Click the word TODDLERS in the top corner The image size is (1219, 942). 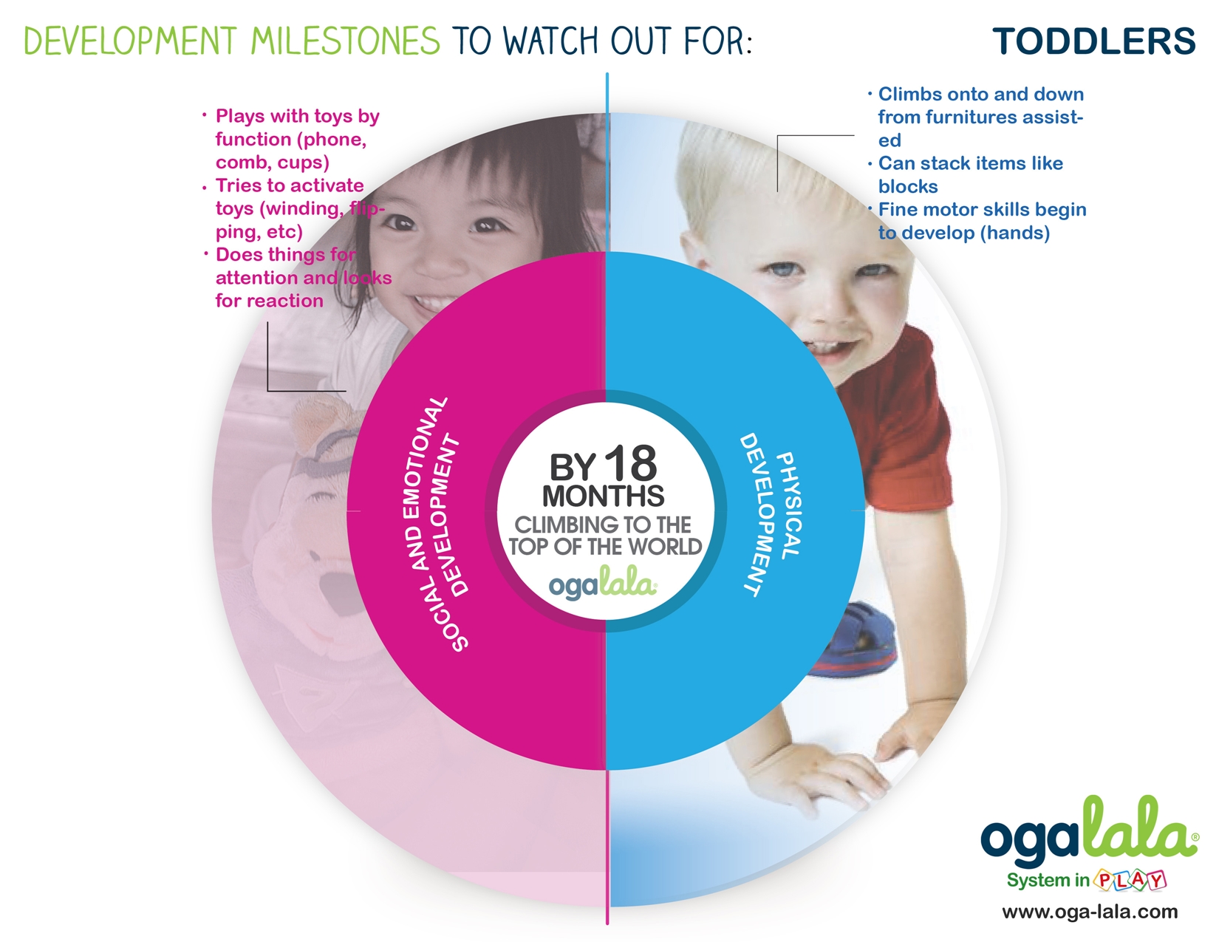(1094, 41)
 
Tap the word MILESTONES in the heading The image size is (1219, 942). (345, 41)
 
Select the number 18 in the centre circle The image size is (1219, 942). (630, 463)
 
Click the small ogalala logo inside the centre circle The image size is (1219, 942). (604, 584)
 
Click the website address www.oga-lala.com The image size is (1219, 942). (1090, 912)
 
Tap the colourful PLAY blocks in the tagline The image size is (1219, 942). (1130, 880)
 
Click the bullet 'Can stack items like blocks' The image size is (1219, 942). (966, 174)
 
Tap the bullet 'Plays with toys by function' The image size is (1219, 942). (292, 139)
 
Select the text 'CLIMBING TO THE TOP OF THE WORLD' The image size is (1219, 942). (605, 536)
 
